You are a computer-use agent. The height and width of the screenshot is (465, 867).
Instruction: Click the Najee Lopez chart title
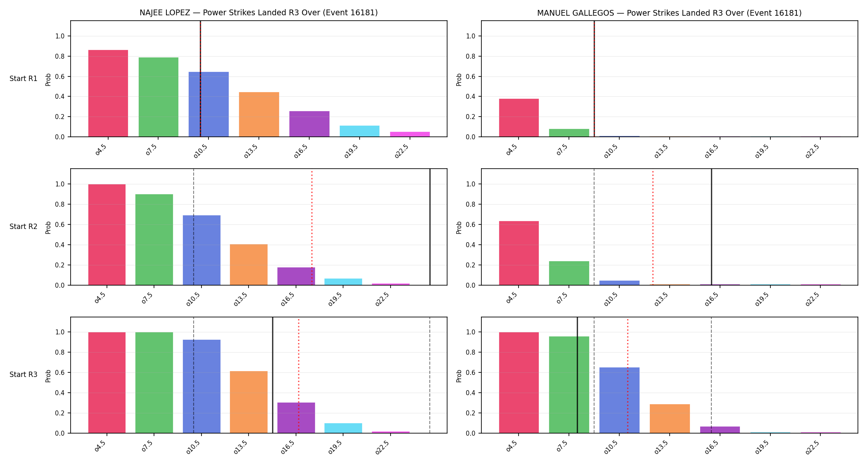(258, 12)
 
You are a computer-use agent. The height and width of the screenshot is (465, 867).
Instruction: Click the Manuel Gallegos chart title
(669, 13)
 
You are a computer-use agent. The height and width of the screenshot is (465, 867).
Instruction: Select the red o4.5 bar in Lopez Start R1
(108, 93)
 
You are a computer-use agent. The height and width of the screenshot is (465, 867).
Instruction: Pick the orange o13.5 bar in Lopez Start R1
(259, 114)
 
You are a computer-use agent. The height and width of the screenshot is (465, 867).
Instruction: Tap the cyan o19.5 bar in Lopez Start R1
(360, 131)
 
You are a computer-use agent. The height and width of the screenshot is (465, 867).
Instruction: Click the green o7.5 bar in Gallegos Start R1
(569, 133)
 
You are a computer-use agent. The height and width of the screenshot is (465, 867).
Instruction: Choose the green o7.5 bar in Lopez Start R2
(154, 240)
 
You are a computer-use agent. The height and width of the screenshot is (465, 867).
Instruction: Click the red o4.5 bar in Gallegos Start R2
(519, 253)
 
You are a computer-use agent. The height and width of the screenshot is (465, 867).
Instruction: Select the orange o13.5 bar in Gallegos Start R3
(670, 419)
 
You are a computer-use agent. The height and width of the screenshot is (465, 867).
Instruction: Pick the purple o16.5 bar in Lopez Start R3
(296, 418)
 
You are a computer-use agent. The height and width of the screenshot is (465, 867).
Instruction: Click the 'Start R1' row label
(24, 79)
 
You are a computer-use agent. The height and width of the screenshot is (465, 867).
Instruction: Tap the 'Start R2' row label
(24, 227)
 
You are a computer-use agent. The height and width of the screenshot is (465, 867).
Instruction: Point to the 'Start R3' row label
(24, 374)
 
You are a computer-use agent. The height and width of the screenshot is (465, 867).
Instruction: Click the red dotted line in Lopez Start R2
(312, 227)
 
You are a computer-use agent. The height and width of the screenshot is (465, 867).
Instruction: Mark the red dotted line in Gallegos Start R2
(653, 227)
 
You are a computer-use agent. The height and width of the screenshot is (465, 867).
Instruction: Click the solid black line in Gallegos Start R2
(711, 227)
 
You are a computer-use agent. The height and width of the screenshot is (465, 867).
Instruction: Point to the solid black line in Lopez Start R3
(272, 375)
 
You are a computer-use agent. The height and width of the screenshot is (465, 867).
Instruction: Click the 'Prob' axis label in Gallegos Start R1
(459, 79)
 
